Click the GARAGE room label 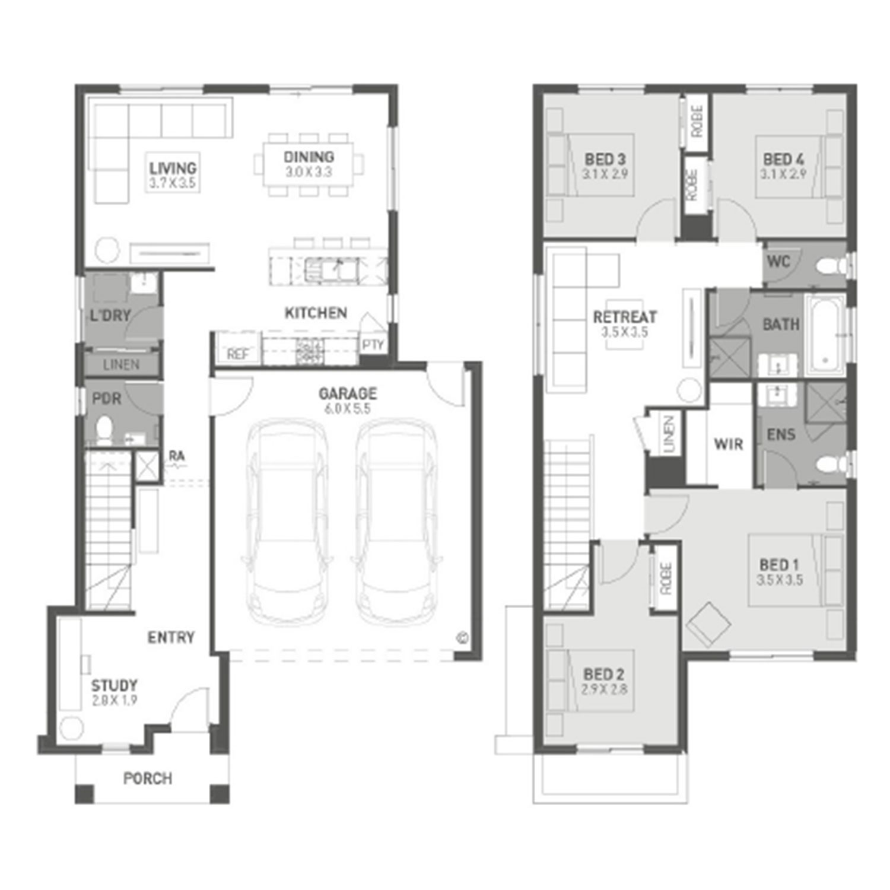pos(348,393)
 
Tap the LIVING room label pos(173,168)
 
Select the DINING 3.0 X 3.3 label pos(309,164)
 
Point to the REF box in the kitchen pos(237,348)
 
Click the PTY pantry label pos(373,345)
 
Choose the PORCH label pos(148,778)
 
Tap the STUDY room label pos(115,685)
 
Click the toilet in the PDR pos(104,429)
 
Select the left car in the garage pos(286,522)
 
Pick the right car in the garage pos(396,522)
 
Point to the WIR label pos(729,444)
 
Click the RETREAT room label pos(625,317)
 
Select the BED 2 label pos(604,674)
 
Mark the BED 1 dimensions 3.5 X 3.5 pos(780,580)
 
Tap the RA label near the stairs pos(177,456)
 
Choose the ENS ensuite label pos(781,434)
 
